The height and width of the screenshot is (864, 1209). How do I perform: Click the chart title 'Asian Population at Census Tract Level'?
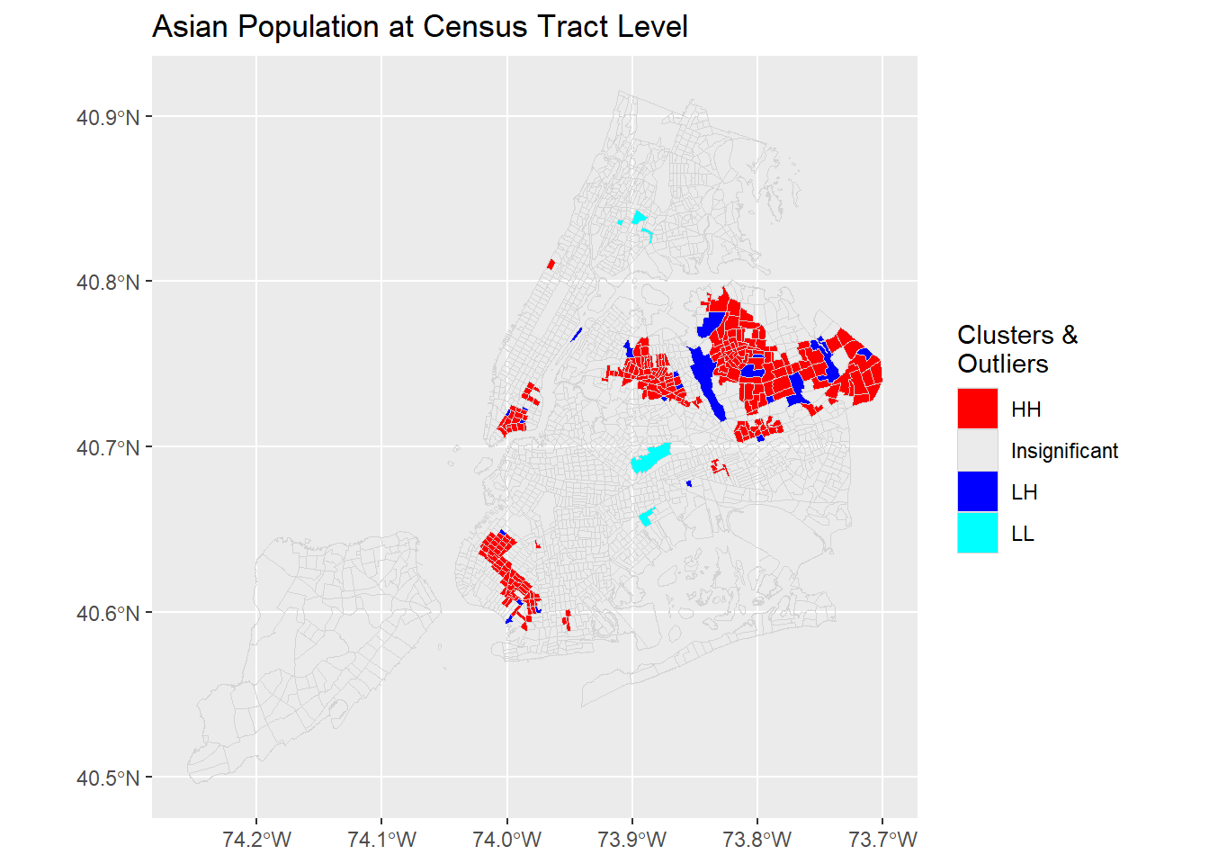(x=419, y=27)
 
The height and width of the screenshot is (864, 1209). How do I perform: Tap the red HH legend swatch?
(x=977, y=409)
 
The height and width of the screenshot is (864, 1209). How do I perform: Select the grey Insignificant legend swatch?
(x=977, y=450)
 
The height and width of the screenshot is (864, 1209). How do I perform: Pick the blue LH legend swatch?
(x=977, y=491)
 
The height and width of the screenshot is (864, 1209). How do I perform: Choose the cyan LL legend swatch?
(x=977, y=533)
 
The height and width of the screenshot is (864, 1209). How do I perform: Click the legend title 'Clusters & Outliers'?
(x=1016, y=349)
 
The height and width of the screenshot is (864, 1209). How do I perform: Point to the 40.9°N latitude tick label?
(x=108, y=117)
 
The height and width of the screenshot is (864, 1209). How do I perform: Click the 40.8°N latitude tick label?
(x=108, y=283)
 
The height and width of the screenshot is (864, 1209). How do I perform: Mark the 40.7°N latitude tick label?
(x=108, y=447)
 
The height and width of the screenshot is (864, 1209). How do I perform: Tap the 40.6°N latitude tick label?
(x=108, y=613)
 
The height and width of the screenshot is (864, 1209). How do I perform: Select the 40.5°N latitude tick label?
(x=108, y=778)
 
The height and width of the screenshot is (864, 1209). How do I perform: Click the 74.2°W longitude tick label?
(x=256, y=840)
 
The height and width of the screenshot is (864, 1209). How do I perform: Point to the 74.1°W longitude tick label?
(x=381, y=840)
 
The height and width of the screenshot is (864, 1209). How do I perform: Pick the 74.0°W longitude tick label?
(x=506, y=840)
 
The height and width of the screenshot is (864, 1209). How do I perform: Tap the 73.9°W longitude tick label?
(x=631, y=840)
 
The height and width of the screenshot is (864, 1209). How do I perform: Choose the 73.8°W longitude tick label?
(x=757, y=840)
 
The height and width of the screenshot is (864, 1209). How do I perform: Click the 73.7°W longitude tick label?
(x=882, y=840)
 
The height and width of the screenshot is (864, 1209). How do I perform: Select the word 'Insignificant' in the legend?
(x=1064, y=451)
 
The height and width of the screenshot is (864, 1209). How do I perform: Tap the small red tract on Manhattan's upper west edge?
(x=551, y=264)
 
